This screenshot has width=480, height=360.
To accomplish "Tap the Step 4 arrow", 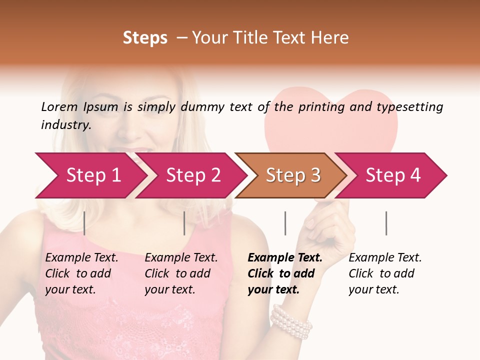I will click(x=393, y=175).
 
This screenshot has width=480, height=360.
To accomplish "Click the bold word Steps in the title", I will click(x=145, y=38).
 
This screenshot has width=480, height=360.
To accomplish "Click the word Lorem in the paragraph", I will click(x=58, y=106).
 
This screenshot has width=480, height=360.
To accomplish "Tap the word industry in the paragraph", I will click(x=66, y=125).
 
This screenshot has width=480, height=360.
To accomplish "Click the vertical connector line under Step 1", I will click(x=84, y=223).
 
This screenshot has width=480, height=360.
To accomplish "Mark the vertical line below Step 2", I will click(x=184, y=223).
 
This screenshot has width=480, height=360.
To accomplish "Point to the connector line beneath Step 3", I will click(x=285, y=223).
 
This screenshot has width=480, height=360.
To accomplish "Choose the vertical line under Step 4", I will click(x=386, y=223).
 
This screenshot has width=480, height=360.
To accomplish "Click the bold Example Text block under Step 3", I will click(x=284, y=273).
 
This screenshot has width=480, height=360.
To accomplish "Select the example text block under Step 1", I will click(x=81, y=273).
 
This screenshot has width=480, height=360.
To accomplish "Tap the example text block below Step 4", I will click(x=384, y=273).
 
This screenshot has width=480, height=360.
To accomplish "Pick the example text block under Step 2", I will click(x=181, y=273).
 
